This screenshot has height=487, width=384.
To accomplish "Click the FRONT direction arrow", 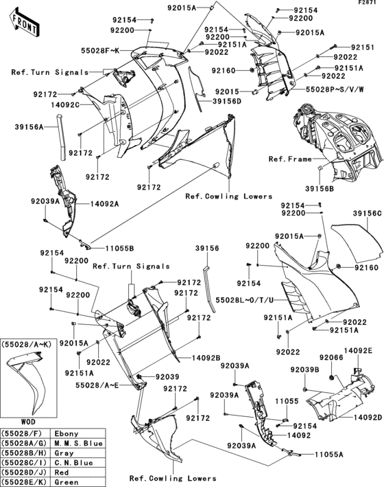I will point(23,25).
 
